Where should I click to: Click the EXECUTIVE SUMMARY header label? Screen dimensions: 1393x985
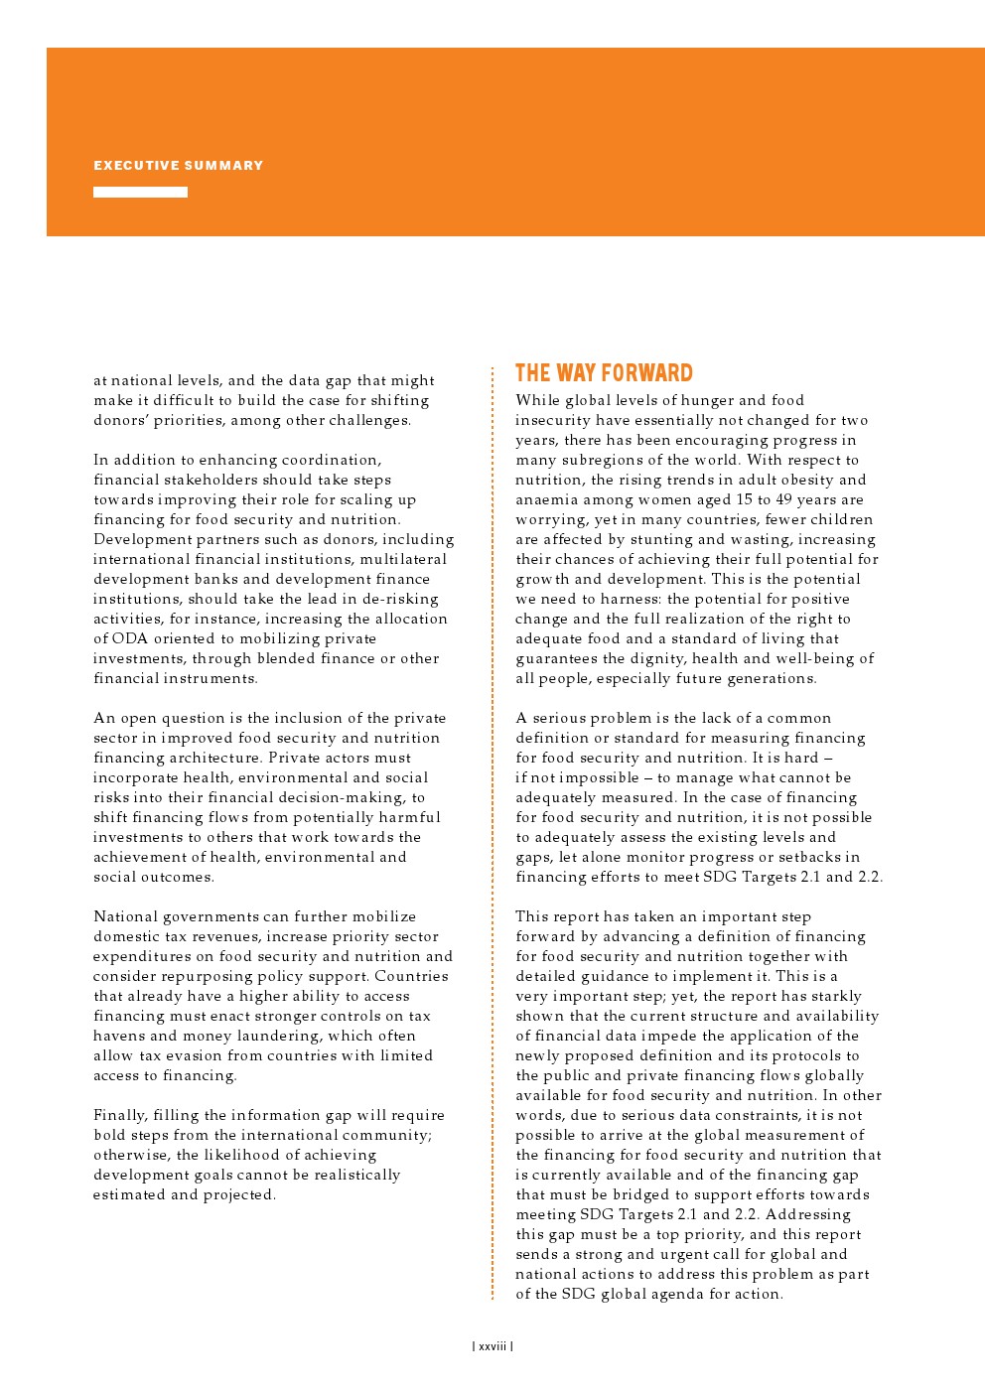coord(179,166)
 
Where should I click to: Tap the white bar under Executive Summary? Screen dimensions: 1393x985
coord(140,193)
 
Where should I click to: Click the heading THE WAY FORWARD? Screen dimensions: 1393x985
coord(604,373)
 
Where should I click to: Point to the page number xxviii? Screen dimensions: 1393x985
coord(492,1346)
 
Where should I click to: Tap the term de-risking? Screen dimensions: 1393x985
coord(397,599)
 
